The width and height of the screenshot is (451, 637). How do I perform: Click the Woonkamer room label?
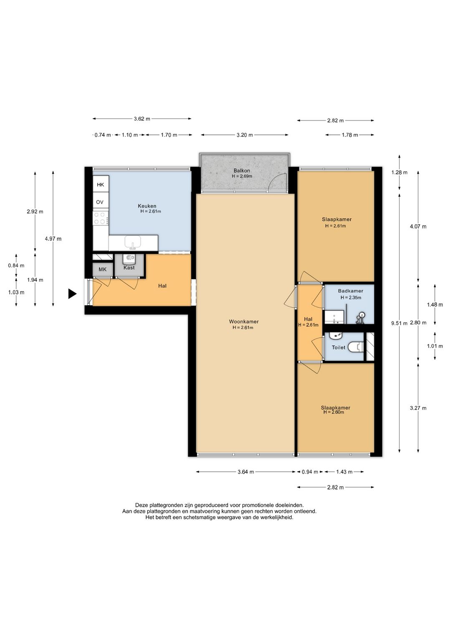tap(243, 321)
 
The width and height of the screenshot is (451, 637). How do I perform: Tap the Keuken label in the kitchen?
tap(147, 206)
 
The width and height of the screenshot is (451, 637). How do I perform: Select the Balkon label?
tap(241, 171)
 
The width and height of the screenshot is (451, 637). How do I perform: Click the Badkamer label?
tap(350, 291)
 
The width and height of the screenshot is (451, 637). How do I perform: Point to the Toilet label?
tap(339, 347)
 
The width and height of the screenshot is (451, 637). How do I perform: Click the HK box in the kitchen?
tap(101, 185)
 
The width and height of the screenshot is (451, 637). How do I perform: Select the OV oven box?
tap(99, 202)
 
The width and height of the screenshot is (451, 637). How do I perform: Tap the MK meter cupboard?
tap(102, 269)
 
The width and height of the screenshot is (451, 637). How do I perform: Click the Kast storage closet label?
tap(129, 268)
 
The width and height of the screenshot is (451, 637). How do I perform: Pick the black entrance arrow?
tap(72, 294)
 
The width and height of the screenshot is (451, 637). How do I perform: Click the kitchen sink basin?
tap(133, 242)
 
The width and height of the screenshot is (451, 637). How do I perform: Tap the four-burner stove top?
tap(101, 218)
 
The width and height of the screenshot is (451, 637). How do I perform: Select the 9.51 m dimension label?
tap(399, 323)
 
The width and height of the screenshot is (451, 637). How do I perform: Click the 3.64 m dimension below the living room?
tap(246, 472)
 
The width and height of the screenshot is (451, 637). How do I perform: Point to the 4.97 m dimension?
tap(53, 239)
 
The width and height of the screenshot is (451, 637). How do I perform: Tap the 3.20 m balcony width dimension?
tap(244, 135)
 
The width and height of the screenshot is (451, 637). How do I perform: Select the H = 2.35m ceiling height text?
tap(351, 298)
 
